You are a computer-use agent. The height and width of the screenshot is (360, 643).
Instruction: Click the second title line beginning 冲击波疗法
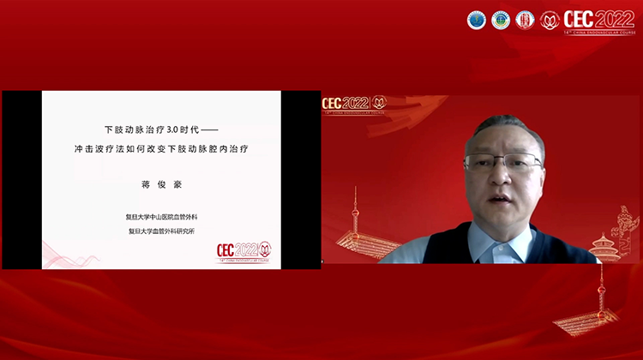coord(163,149)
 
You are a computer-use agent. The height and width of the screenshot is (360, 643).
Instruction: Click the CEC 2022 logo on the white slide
coord(243,250)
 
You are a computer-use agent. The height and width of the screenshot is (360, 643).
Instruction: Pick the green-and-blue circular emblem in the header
coord(500,20)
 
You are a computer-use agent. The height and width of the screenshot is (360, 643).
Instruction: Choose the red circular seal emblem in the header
coord(524,20)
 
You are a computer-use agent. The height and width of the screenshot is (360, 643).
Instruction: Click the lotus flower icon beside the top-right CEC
coord(550,20)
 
